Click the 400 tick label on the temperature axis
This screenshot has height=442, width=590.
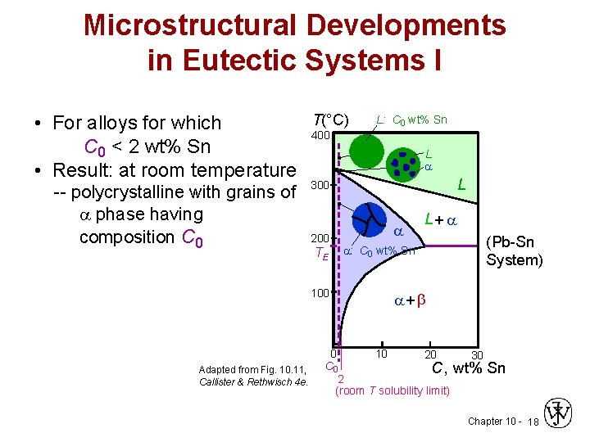(x=320, y=134)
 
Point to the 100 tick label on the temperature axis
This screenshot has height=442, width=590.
(x=319, y=292)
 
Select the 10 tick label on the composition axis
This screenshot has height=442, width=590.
(x=381, y=354)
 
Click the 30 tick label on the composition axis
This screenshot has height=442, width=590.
(x=478, y=354)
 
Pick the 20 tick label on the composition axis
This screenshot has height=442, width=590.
(x=429, y=354)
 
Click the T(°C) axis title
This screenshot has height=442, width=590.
(x=331, y=120)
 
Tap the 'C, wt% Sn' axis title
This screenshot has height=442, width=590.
(x=469, y=368)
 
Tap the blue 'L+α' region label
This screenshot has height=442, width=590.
(x=440, y=219)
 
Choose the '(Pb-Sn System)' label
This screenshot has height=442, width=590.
(x=514, y=251)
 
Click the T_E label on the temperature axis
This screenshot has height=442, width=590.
(x=321, y=254)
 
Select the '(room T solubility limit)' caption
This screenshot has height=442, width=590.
(x=393, y=390)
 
